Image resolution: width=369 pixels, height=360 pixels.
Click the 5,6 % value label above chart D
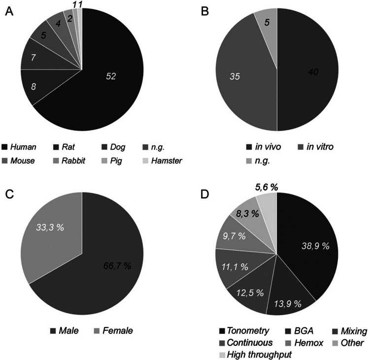267,187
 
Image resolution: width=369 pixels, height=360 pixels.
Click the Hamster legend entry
163,161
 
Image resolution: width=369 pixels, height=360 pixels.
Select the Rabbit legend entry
69,161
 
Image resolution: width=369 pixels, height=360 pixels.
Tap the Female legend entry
113,330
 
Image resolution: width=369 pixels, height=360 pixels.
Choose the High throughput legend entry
256,355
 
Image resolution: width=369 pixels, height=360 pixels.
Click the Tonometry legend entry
244,331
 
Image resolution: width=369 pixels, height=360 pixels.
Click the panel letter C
9,195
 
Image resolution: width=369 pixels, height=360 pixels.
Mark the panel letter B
205,11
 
